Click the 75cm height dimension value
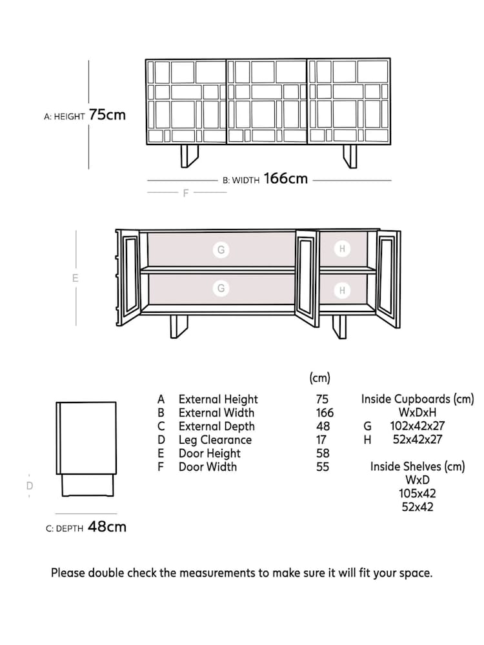click(x=107, y=115)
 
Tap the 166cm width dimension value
click(x=285, y=179)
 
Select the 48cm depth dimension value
click(x=107, y=527)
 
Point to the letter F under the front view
click(x=186, y=193)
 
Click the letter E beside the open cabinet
click(x=76, y=279)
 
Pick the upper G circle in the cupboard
click(x=221, y=249)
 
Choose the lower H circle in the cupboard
click(x=342, y=290)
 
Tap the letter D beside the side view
click(x=29, y=486)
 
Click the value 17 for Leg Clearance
click(x=321, y=440)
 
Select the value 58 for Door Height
click(x=323, y=453)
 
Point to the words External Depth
click(x=216, y=426)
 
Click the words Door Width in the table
click(x=207, y=467)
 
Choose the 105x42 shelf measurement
click(x=417, y=493)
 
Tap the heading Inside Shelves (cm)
click(x=417, y=466)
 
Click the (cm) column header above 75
click(x=320, y=378)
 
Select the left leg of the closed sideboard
click(x=189, y=157)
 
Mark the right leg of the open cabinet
click(x=339, y=326)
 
